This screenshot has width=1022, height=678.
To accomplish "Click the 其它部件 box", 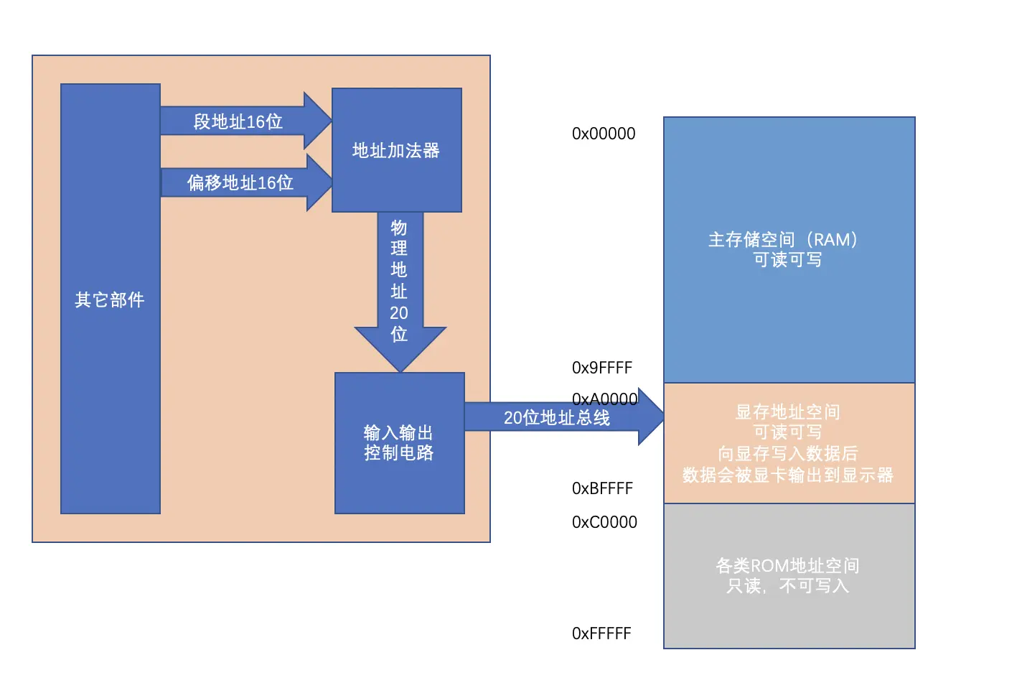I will tap(110, 299).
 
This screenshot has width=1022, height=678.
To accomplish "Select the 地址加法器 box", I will tap(396, 150).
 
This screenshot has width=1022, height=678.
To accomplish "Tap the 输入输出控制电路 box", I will tap(399, 442).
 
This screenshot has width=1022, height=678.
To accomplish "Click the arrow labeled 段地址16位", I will tap(238, 121).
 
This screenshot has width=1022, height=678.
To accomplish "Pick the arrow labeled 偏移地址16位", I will tap(240, 182).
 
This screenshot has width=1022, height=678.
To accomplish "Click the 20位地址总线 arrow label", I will tap(557, 417).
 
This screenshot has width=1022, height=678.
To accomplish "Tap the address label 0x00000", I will tap(604, 134).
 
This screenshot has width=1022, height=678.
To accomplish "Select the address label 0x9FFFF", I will tap(602, 368).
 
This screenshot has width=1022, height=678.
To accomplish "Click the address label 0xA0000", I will tap(604, 399).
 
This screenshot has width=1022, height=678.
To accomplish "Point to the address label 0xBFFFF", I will tap(602, 488).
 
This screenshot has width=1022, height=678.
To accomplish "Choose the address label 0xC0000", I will tap(604, 522).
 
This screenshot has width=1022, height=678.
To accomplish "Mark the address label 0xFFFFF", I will tap(601, 633).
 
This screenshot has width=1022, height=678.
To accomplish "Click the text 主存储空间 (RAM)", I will tap(783, 239).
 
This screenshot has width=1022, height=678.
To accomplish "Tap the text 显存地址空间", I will tap(788, 412).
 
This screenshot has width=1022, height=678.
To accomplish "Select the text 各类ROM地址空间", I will tap(788, 565).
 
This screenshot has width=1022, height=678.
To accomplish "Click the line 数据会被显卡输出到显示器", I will tap(788, 475).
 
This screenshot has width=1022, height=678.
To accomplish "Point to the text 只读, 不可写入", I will tap(788, 586).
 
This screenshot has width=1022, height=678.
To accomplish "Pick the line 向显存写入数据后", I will tap(788, 453).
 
